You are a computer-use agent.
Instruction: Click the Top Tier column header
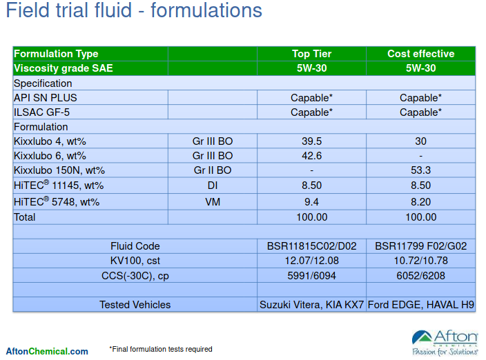click(311, 54)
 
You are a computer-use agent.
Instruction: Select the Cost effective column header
click(420, 54)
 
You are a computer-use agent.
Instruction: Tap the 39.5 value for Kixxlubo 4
click(311, 141)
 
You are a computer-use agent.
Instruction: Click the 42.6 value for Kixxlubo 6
click(311, 156)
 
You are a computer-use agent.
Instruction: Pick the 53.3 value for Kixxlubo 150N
click(420, 170)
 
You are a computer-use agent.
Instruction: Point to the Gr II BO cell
click(213, 170)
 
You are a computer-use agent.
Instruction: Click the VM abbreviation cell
click(213, 202)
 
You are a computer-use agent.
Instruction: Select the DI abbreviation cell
click(213, 186)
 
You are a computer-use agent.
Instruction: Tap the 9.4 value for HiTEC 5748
click(311, 202)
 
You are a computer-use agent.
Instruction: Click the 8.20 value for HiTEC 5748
click(420, 202)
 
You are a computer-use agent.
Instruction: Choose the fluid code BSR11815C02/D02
click(311, 246)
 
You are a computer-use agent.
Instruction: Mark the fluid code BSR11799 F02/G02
click(420, 246)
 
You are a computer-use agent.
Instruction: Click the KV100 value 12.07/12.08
click(311, 261)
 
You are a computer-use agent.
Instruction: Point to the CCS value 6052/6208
click(420, 276)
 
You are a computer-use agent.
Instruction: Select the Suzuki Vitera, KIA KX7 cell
click(311, 305)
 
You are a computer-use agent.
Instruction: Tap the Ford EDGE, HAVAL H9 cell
click(420, 305)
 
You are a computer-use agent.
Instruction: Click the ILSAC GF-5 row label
click(42, 112)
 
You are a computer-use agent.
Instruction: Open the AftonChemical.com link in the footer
click(47, 352)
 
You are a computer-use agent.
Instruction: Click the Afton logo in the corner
click(445, 343)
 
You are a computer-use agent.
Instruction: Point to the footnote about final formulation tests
click(161, 349)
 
